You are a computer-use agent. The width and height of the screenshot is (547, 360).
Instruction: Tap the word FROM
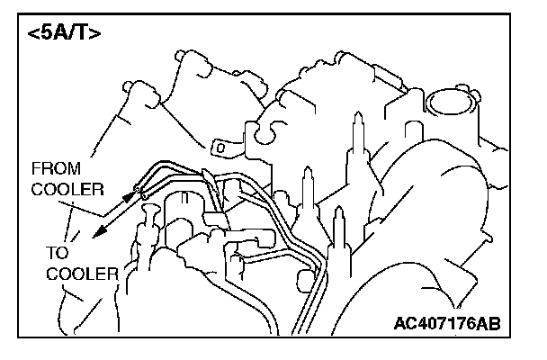tap(55, 169)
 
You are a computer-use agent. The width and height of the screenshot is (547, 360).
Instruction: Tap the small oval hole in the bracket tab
tap(216, 145)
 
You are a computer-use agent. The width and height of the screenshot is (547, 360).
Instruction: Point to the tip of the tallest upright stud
tap(357, 118)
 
